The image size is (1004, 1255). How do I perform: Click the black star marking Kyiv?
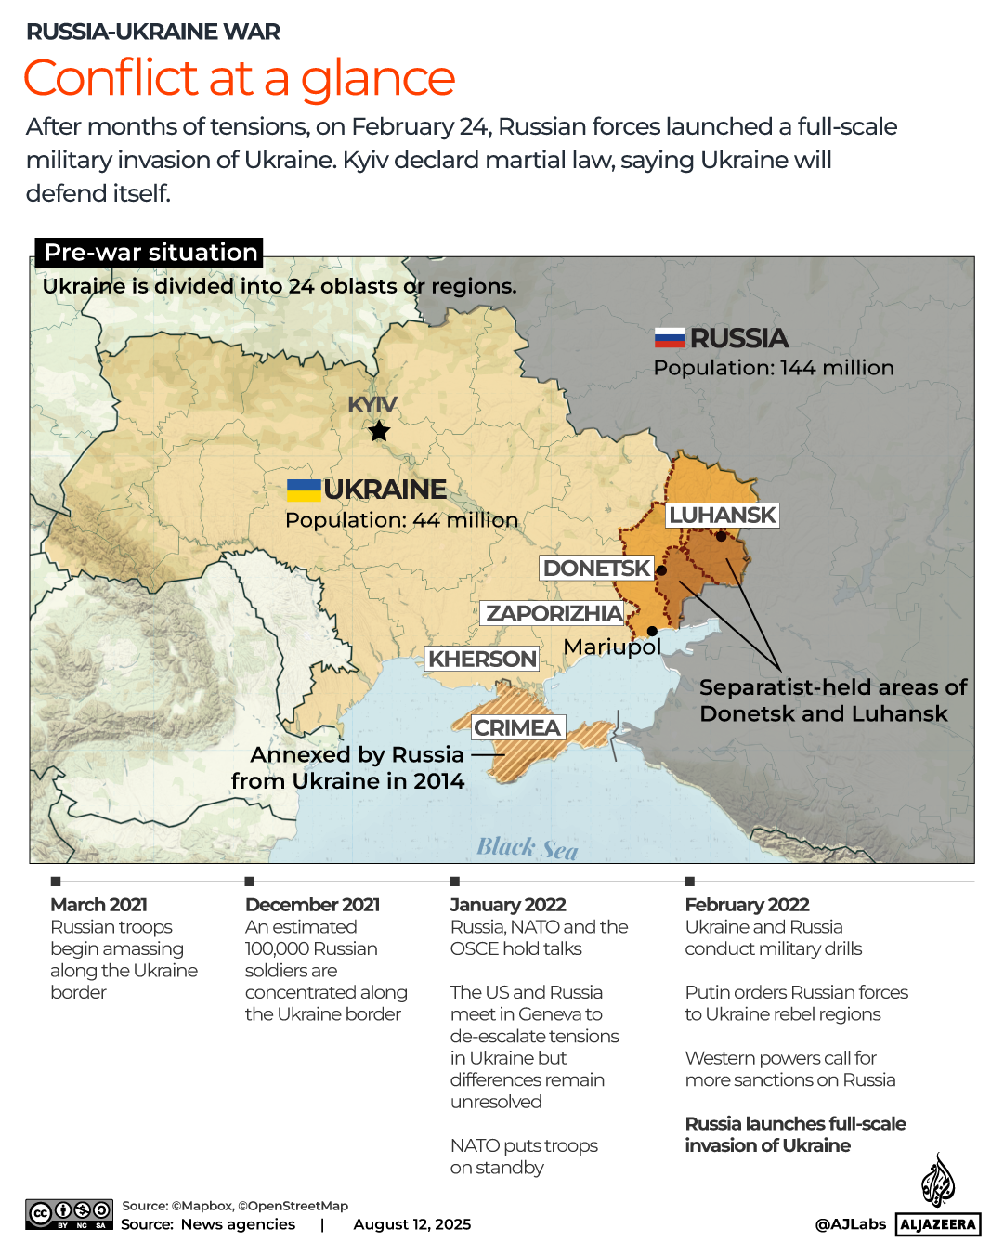point(379,431)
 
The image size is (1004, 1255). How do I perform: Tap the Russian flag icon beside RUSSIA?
point(669,338)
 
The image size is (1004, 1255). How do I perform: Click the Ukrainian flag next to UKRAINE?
point(304,490)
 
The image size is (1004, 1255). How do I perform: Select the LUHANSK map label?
point(723,516)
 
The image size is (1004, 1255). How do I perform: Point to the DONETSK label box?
point(596,569)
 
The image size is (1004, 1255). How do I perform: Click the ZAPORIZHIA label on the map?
point(554,614)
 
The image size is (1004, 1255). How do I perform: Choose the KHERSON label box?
point(482,660)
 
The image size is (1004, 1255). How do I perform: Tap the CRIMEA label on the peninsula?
point(517,728)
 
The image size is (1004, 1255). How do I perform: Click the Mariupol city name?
point(612,647)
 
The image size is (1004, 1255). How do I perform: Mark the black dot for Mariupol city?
point(652,632)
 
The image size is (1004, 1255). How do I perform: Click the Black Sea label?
point(527,848)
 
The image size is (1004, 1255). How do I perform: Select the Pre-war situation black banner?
point(150,253)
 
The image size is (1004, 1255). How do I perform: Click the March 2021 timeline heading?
point(99,905)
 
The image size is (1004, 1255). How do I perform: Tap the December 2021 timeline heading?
point(312,905)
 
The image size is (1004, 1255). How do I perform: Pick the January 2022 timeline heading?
point(508,905)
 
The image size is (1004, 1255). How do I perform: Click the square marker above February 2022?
point(689,881)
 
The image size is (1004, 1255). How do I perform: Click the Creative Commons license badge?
point(70,1214)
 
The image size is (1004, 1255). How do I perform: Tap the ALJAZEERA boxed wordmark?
point(938,1224)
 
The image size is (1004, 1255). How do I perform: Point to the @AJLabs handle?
point(850,1224)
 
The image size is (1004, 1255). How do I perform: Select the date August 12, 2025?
point(411,1224)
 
